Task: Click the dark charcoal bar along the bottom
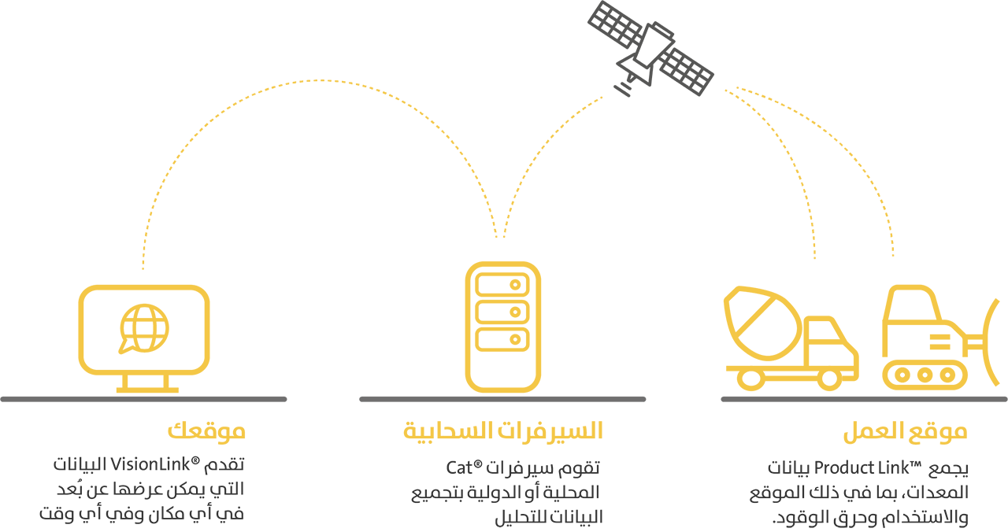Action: pos(504,491)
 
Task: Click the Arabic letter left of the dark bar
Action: pos(44,515)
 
